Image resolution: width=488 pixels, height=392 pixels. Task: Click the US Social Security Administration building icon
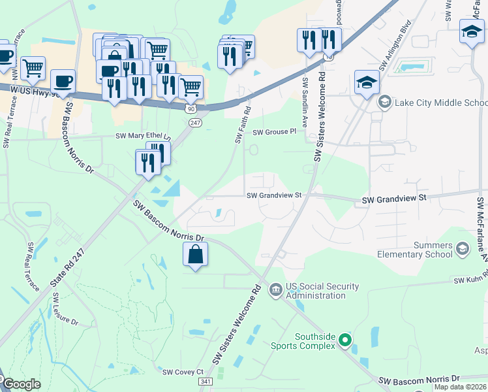point(275,289)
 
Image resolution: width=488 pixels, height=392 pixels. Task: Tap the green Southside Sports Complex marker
point(345,339)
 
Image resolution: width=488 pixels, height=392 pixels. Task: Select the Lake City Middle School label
point(440,103)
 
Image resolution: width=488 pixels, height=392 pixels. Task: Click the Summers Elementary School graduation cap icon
point(463,248)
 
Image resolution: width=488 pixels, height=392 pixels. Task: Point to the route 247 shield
point(196,122)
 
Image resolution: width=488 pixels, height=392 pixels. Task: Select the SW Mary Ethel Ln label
point(143,136)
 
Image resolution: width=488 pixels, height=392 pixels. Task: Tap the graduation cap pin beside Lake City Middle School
point(367,83)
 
